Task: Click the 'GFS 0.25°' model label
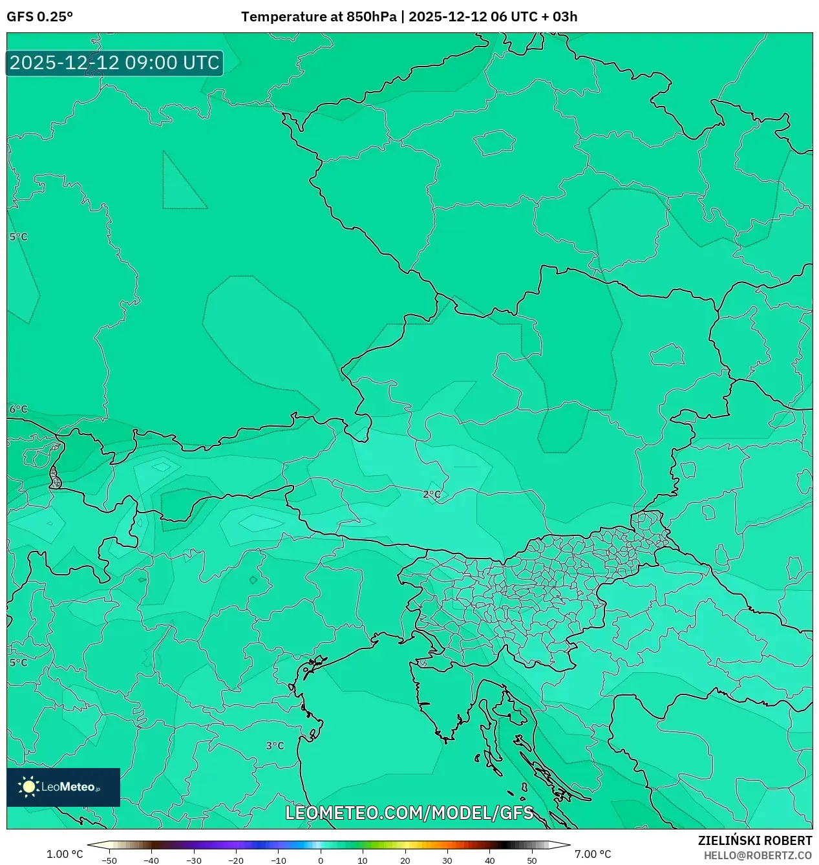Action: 39,17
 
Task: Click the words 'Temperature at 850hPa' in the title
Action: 319,17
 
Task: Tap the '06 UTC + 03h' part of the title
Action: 534,17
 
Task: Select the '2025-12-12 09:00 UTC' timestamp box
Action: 114,63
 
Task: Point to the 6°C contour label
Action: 18,409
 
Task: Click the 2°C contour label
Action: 432,495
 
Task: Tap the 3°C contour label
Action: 275,745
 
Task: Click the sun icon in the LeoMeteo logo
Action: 28,787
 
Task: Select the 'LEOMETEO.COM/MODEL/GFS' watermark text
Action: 409,813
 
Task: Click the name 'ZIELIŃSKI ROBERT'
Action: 754,840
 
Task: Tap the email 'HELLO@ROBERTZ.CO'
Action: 758,855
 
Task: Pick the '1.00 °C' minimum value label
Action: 65,854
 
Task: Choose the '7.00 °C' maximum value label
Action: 592,854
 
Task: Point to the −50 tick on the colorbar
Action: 109,860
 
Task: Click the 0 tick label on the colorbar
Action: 321,860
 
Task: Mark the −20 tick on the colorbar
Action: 236,860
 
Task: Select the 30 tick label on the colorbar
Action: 447,860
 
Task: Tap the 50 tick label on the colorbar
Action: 531,860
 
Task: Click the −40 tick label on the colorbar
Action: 151,860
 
